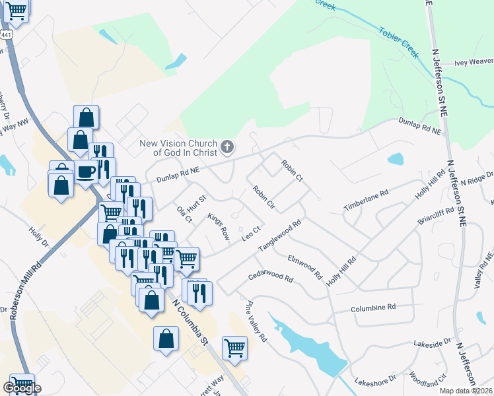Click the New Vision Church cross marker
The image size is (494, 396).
(227, 146)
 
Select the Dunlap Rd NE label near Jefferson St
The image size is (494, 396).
(419, 126)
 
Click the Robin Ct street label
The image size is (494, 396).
(291, 170)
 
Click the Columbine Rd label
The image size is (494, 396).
(373, 308)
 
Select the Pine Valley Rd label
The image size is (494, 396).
(256, 321)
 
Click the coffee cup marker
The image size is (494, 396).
(86, 173)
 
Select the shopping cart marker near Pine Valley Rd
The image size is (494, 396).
(234, 347)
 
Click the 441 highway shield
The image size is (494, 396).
(6, 34)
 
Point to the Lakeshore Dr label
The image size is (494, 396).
(374, 381)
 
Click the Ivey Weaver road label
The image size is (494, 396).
(474, 62)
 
